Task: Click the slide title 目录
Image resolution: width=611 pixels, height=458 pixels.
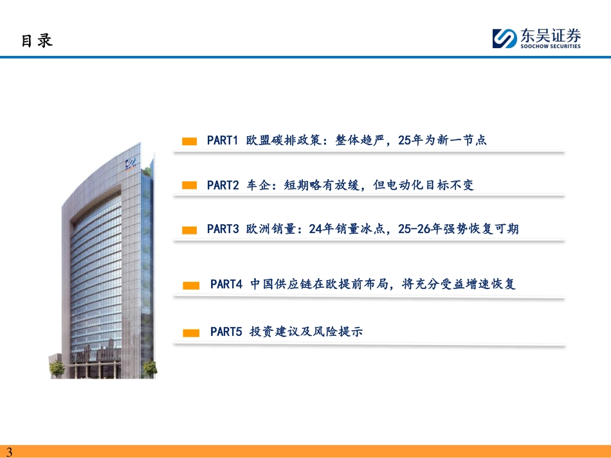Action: point(37,40)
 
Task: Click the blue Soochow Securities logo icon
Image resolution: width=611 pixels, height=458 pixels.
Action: point(505,38)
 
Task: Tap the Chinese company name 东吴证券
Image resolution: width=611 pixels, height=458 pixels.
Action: point(551,35)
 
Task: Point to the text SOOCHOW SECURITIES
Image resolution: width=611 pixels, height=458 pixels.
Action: point(550,46)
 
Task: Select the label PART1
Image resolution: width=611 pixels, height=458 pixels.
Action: point(223,140)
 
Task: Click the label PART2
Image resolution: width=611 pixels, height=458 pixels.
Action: point(223,185)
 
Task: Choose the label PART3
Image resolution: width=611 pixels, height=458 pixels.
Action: point(223,229)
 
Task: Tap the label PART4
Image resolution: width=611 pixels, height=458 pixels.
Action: point(226,284)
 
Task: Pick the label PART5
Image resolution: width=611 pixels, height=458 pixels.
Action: point(226,331)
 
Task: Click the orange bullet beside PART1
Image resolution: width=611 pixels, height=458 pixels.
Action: point(189,141)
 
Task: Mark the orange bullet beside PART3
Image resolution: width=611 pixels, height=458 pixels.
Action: point(189,231)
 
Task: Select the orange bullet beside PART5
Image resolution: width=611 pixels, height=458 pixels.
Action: point(191,333)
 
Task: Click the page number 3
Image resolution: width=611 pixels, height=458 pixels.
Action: point(10,452)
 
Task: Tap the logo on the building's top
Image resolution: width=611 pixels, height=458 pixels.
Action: point(131,163)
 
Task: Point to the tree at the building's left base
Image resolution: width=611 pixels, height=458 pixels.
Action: point(57,368)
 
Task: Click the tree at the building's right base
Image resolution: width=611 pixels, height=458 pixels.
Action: point(150,367)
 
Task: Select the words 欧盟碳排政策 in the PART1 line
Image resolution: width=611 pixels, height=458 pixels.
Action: point(284,139)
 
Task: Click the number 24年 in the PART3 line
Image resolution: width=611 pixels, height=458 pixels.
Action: point(322,229)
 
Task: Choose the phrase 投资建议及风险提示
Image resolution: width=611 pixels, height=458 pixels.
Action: point(306,331)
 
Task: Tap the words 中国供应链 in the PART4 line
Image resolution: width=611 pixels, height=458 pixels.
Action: point(281,284)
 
